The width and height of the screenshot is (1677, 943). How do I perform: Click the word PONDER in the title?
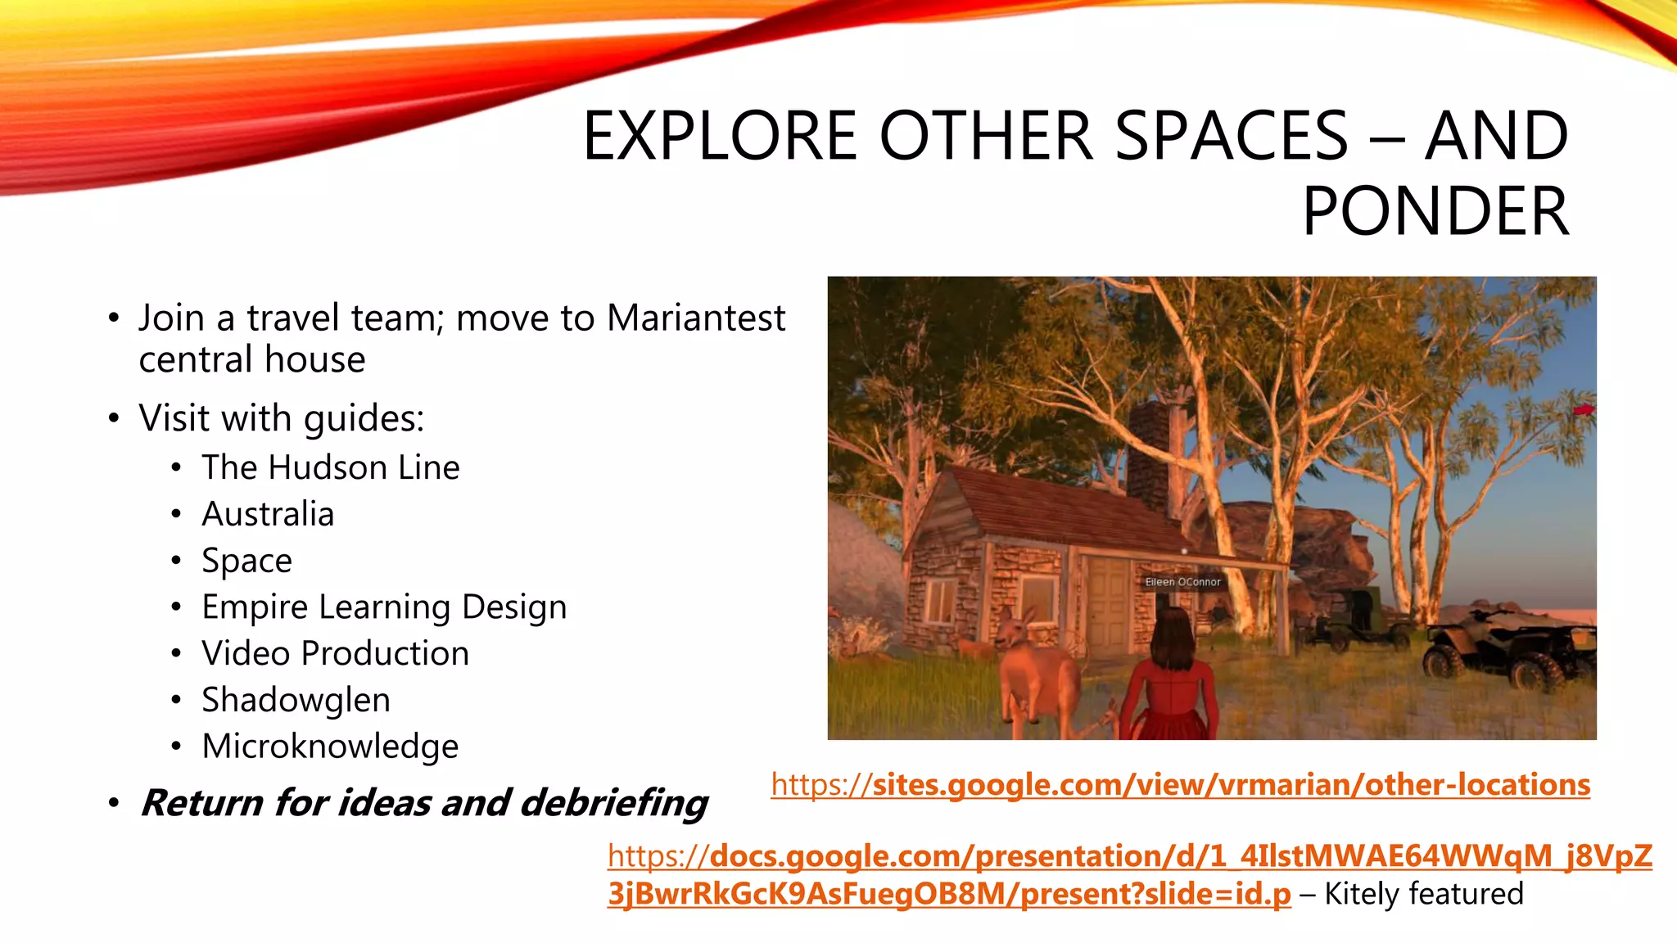1435,211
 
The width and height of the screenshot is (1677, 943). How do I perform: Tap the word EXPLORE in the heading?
720,136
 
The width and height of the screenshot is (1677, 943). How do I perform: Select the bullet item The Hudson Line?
331,467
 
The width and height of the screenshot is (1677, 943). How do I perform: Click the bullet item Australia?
268,514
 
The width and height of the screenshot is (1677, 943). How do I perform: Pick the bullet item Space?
246,561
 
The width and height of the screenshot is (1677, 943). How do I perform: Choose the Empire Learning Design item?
384,607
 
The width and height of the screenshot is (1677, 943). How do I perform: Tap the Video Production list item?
335,653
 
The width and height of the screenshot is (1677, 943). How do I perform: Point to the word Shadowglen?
296,700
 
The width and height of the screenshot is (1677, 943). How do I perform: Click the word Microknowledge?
330,747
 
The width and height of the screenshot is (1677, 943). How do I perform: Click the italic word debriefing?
613,803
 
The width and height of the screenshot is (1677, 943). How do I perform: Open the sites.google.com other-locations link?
1180,784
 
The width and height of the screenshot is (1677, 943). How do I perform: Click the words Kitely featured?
1424,893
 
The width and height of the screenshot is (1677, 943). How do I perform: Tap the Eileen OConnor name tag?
1182,582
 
